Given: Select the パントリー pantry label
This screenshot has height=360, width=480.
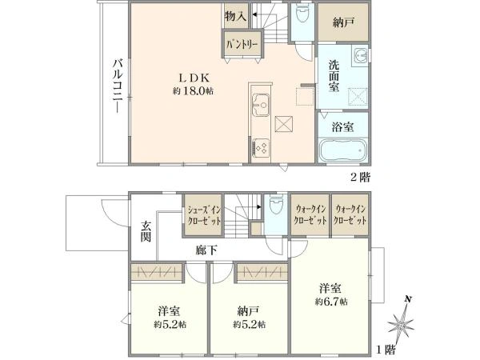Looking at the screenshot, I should click(240, 43).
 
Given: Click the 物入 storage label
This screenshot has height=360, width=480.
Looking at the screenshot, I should click(235, 15).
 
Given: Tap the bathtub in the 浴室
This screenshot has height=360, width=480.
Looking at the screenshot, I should click(342, 150).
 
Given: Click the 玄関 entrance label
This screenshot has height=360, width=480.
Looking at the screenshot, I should click(146, 231).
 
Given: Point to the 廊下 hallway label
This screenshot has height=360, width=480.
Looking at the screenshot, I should click(206, 251).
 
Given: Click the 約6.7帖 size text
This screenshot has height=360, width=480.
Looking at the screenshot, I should click(330, 301).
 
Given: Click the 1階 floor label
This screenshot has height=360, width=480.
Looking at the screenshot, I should click(386, 350).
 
